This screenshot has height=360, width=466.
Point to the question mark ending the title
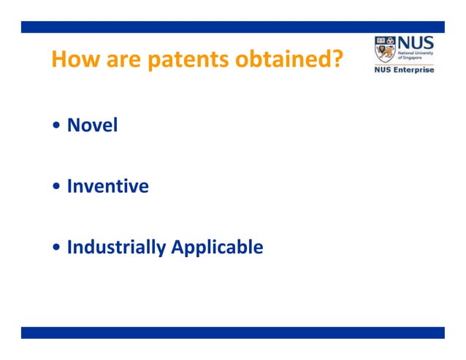(x=337, y=60)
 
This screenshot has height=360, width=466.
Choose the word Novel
(x=92, y=126)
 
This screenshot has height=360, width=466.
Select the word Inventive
(x=107, y=187)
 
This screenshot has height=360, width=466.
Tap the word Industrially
(x=115, y=248)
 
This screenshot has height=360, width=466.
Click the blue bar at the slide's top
(x=232, y=27)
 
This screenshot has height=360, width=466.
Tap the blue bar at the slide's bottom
(x=232, y=332)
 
